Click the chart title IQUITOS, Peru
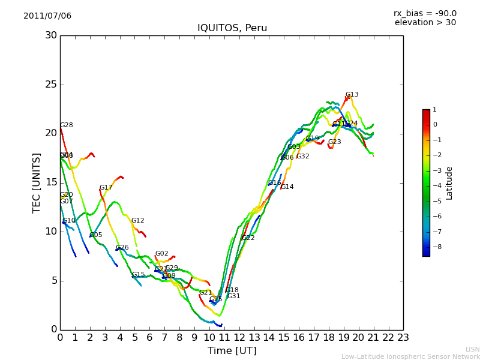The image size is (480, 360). [232, 28]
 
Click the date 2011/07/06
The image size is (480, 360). [47, 16]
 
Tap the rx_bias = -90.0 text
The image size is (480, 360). [425, 13]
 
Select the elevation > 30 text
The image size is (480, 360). [425, 23]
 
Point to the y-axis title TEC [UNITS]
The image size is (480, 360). [37, 182]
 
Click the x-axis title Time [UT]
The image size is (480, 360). [232, 351]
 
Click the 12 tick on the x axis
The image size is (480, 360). [239, 338]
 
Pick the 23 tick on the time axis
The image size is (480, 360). [403, 338]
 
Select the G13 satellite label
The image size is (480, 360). [352, 95]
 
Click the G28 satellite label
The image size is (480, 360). [66, 125]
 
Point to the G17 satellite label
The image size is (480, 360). [106, 188]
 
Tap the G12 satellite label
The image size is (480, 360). [138, 221]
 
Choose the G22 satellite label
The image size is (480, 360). [248, 238]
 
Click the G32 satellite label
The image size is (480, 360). [302, 157]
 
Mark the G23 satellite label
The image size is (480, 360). [334, 142]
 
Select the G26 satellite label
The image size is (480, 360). [122, 248]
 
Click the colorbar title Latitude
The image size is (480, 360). [449, 183]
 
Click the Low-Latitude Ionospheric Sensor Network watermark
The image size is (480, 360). [410, 356]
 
